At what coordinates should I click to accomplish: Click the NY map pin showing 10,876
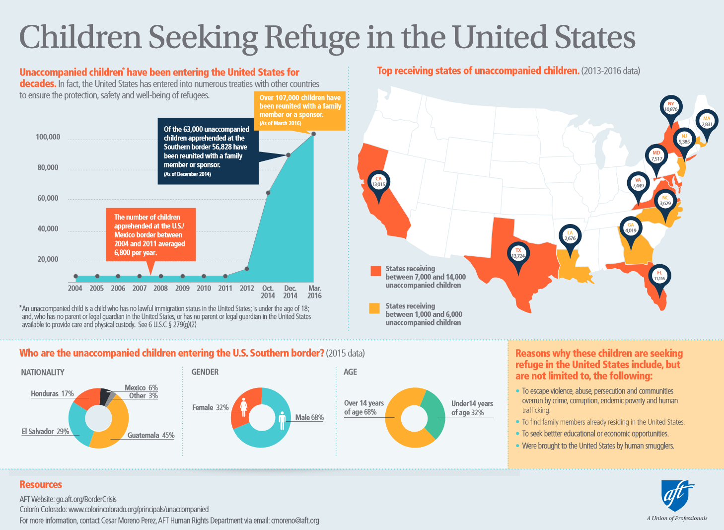tap(671, 107)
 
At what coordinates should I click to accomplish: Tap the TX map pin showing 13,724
tap(518, 253)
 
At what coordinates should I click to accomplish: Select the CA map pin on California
tap(378, 182)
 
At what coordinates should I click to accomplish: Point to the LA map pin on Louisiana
tap(570, 235)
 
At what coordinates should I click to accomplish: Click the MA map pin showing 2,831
tap(707, 121)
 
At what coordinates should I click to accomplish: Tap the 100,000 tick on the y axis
tap(48, 137)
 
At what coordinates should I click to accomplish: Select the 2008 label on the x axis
tap(160, 288)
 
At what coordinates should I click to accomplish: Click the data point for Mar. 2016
tap(313, 134)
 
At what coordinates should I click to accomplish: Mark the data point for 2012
tap(247, 269)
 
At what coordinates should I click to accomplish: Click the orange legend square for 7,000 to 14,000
tap(375, 271)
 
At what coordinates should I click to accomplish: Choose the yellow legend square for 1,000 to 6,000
tap(375, 308)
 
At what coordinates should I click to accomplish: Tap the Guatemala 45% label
tap(150, 436)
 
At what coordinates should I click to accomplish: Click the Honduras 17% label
tap(52, 393)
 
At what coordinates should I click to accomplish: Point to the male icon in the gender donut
tap(282, 420)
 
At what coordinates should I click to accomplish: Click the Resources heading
tap(41, 484)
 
